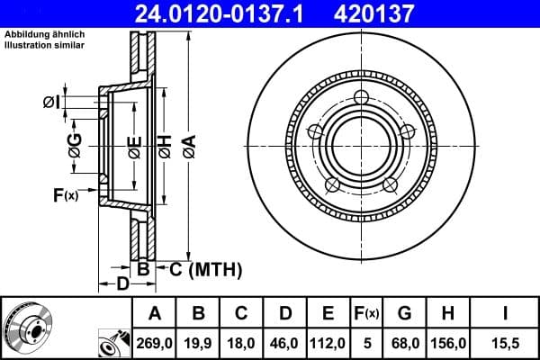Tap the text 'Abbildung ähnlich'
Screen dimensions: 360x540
tap(46, 36)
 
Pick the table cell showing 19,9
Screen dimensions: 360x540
tap(200, 342)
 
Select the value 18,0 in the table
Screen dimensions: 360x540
tap(242, 342)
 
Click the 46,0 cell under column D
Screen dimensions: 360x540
tap(285, 342)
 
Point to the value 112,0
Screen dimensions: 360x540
tap(328, 342)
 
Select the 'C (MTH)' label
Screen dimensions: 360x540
tap(204, 268)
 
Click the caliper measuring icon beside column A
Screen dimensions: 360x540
tap(114, 342)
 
